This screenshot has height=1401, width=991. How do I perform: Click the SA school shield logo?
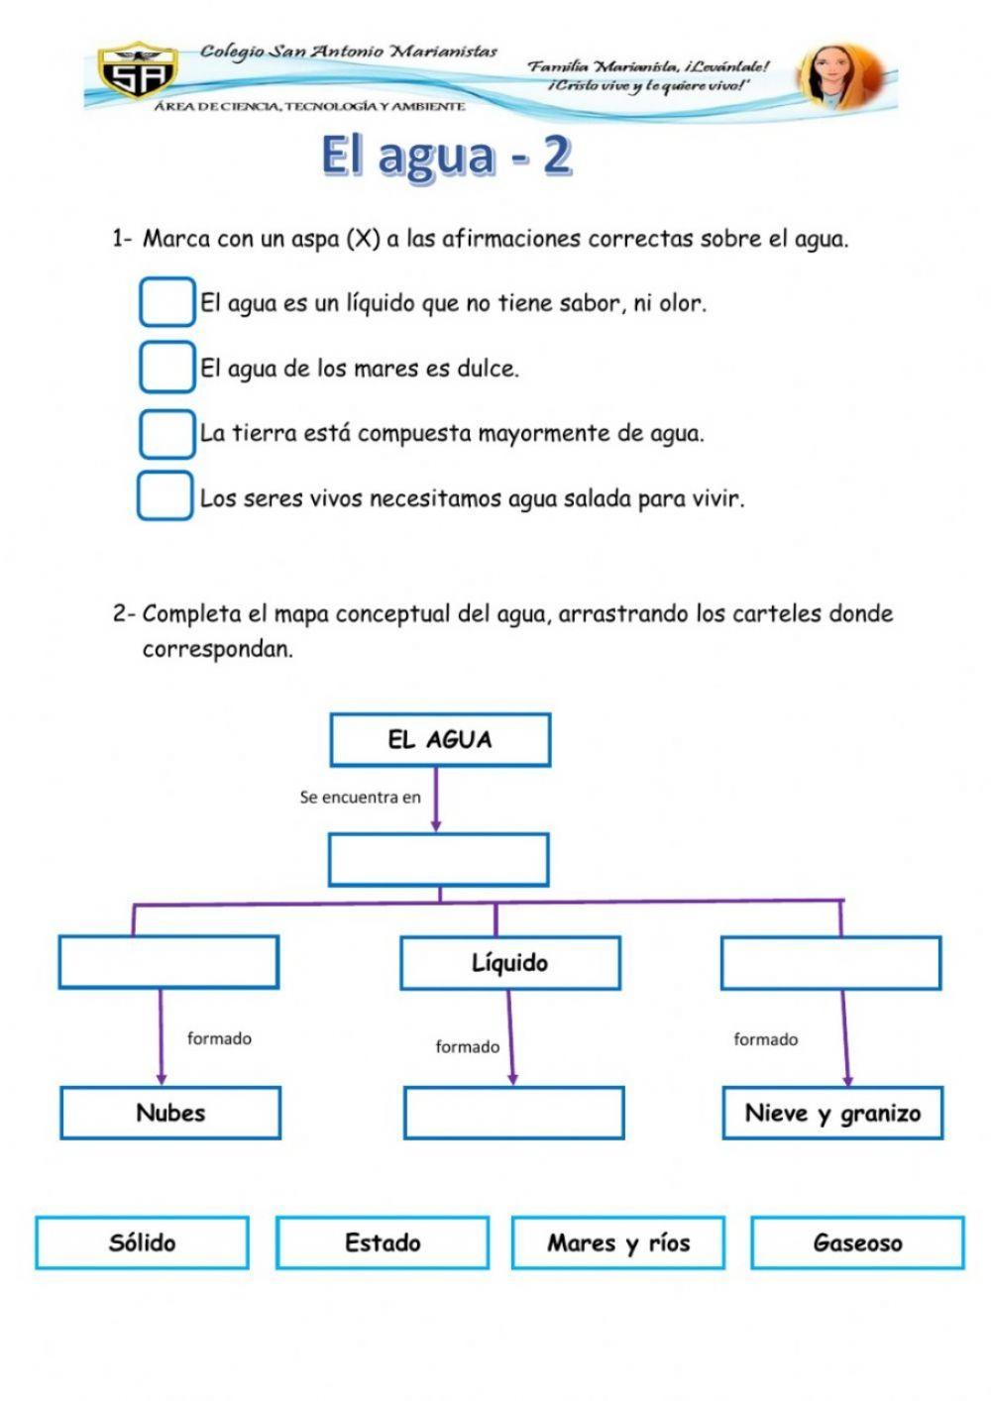point(138,71)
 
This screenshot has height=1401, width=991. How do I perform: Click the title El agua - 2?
point(446,156)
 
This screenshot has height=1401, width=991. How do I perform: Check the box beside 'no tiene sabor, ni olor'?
point(166,302)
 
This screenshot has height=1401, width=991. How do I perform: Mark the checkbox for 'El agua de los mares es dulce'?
point(166,367)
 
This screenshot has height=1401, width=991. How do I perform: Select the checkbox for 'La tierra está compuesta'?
point(166,433)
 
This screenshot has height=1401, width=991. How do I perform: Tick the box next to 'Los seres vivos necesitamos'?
point(165,496)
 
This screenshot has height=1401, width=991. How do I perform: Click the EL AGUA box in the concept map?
point(440,740)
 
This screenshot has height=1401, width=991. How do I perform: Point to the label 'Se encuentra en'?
point(360,797)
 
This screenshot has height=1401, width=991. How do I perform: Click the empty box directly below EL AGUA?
point(439,860)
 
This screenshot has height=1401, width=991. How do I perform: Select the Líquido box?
point(510,963)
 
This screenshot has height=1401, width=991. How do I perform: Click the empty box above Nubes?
point(168,962)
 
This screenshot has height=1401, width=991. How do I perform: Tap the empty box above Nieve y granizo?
point(830,963)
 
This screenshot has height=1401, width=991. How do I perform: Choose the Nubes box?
point(170,1113)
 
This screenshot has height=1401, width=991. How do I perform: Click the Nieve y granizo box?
point(832,1113)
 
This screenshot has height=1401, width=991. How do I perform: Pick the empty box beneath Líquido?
point(513,1113)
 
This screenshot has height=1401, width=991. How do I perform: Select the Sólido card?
point(142,1242)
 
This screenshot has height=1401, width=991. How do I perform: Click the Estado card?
point(383,1242)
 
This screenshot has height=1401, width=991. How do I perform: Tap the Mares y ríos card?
point(618,1242)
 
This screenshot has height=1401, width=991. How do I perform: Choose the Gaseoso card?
point(857,1242)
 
